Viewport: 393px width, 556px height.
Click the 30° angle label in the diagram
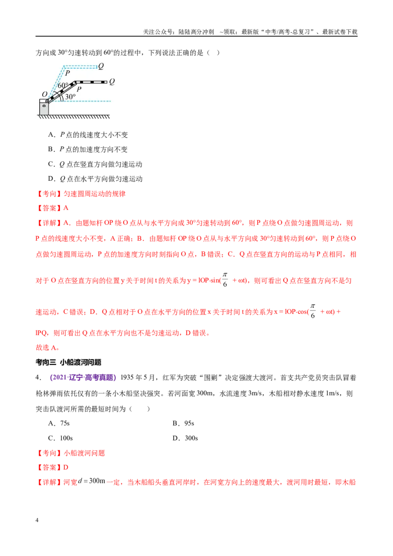[x=70, y=96]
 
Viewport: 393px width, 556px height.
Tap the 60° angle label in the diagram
[x=63, y=85]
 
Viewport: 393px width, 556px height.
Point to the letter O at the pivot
[x=44, y=94]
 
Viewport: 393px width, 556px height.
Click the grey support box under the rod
[x=44, y=107]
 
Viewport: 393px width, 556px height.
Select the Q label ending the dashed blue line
[x=101, y=66]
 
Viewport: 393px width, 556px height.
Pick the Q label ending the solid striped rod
[x=112, y=82]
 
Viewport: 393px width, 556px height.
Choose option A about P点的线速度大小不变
[x=88, y=135]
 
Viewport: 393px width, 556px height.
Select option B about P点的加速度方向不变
[x=88, y=149]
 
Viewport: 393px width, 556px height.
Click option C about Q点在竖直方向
[x=95, y=164]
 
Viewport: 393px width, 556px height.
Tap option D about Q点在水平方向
[x=95, y=179]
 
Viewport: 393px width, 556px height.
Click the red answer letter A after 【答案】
[x=66, y=208]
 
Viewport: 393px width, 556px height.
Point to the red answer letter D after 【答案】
[x=66, y=468]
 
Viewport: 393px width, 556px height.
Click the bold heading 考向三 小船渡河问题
[x=68, y=362]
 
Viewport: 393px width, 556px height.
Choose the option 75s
[x=59, y=423]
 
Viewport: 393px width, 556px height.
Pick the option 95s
[x=183, y=423]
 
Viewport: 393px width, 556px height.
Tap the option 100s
[x=60, y=438]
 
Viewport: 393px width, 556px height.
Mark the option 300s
[x=185, y=438]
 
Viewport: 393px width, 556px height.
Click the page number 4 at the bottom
[x=37, y=520]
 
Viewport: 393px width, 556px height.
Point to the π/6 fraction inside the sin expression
[x=225, y=279]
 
